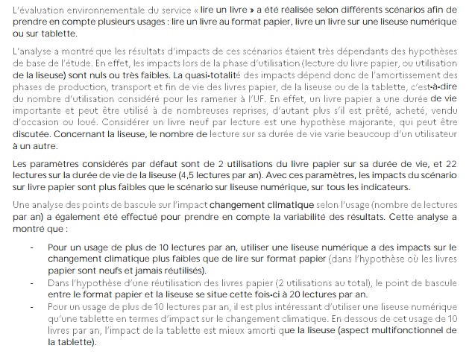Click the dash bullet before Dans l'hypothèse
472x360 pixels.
pyautogui.click(x=31, y=284)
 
